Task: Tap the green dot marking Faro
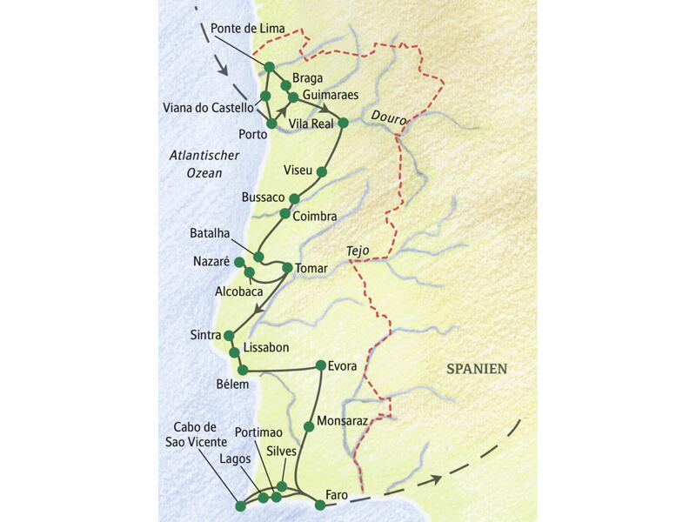pyautogui.click(x=319, y=505)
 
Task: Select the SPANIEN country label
pyautogui.click(x=477, y=369)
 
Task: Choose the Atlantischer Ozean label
pyautogui.click(x=199, y=164)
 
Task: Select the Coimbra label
pyautogui.click(x=314, y=215)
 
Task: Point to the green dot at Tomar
pyautogui.click(x=288, y=268)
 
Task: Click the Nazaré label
pyautogui.click(x=211, y=261)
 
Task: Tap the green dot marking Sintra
pyautogui.click(x=229, y=335)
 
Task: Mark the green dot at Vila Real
pyautogui.click(x=343, y=123)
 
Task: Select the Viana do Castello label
pyautogui.click(x=208, y=108)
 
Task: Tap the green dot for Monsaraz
pyautogui.click(x=308, y=425)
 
